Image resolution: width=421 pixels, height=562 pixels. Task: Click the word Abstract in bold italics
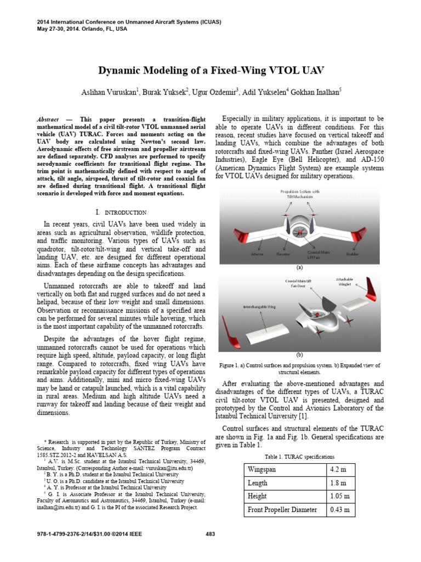click(48, 119)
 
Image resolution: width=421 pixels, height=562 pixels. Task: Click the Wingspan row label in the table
click(263, 470)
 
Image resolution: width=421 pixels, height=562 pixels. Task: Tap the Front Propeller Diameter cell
click(283, 510)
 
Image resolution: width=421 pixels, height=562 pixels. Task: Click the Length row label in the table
click(258, 483)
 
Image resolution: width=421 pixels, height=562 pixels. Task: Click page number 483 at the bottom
click(210, 534)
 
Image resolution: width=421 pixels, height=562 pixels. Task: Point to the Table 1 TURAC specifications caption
click(299, 457)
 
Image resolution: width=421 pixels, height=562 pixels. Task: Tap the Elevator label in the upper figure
click(283, 254)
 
